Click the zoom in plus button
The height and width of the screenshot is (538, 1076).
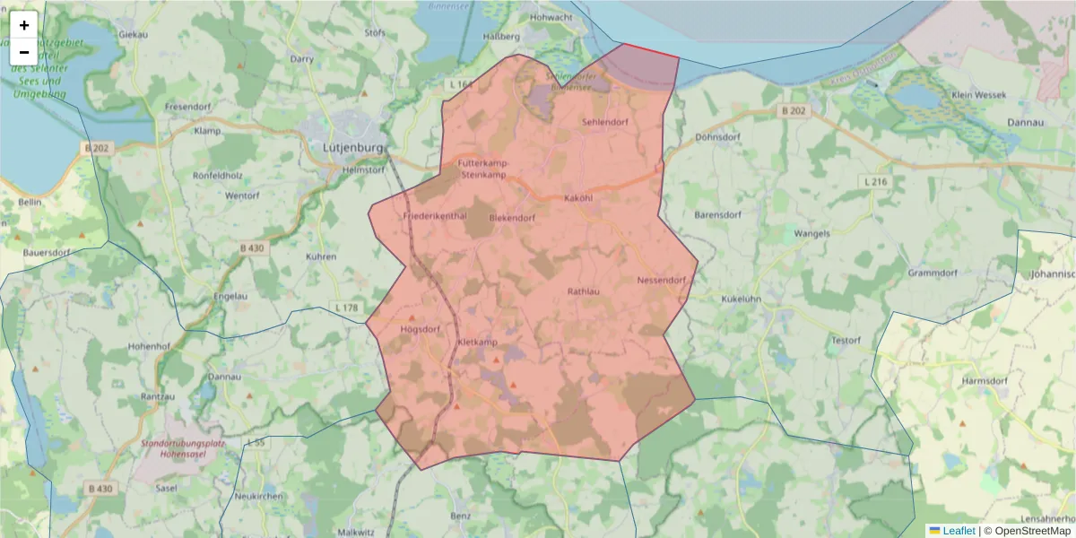[x=23, y=25]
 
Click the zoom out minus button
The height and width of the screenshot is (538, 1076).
[x=23, y=52]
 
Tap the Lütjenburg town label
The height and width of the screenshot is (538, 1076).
[x=352, y=148]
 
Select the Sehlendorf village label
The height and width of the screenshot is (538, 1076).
[x=604, y=122]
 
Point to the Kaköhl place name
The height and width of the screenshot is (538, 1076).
[x=578, y=197]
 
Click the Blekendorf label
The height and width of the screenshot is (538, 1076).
[x=512, y=218]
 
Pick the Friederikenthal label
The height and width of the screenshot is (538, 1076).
[x=436, y=217]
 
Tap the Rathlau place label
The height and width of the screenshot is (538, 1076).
[x=583, y=291]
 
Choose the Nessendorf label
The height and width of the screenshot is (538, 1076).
[x=661, y=280]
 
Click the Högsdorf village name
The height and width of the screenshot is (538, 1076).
[x=420, y=329]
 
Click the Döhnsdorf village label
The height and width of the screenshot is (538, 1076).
[x=716, y=138]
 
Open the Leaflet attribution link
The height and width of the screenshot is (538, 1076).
[x=958, y=531]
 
